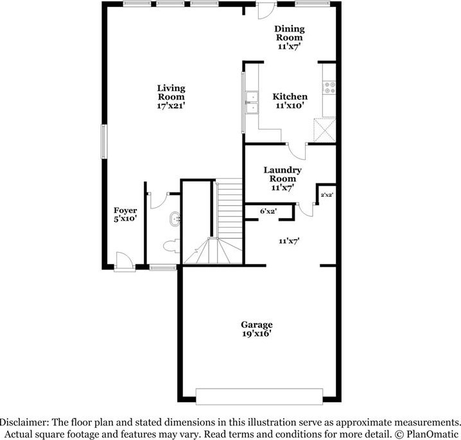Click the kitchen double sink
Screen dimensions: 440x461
[251, 103]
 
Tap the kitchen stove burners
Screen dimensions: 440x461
[330, 87]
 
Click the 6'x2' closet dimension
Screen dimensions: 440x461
[268, 210]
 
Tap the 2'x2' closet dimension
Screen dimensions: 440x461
[327, 194]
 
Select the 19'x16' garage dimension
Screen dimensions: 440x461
[257, 334]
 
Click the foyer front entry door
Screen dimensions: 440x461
[122, 261]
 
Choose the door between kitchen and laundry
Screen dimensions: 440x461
[297, 150]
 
